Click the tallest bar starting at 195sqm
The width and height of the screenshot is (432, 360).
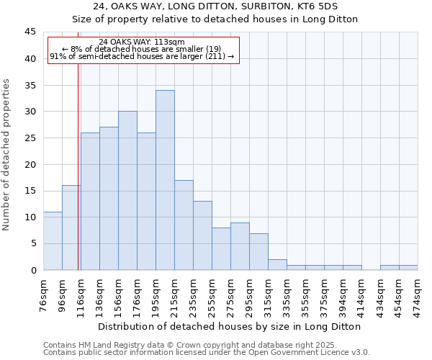pos(165,180)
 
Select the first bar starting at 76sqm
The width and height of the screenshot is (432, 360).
pos(53,240)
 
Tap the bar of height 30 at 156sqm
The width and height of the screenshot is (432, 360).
pos(127,191)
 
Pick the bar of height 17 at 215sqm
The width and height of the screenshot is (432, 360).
pos(184,225)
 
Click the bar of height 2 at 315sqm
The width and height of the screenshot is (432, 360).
pos(277,265)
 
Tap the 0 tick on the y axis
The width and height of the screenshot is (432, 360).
pos(32,270)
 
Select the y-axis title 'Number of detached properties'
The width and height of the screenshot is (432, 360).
pos(7,155)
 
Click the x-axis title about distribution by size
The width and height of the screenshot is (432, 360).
pos(230,326)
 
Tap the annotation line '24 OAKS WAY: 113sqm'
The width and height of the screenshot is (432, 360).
pos(142,42)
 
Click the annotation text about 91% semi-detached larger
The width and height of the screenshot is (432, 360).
pos(142,56)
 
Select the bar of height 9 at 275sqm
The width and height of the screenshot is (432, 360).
pos(240,246)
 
